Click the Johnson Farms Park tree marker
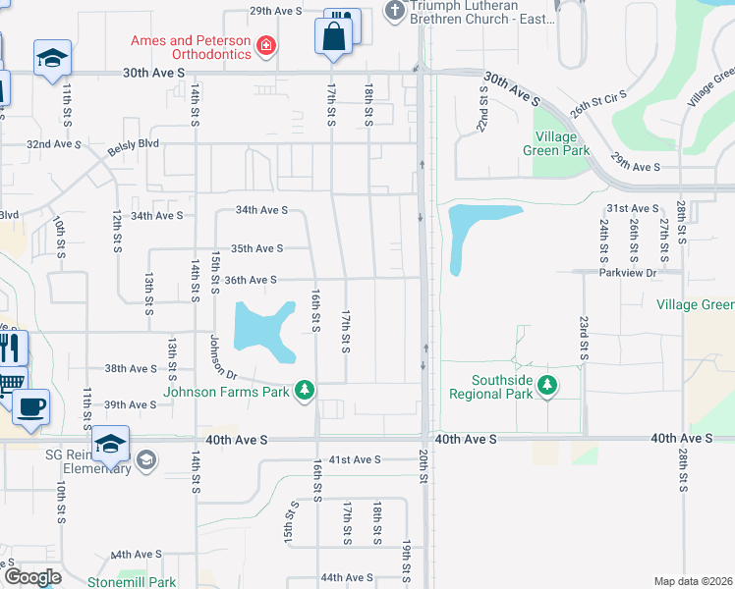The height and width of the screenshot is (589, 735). [305, 391]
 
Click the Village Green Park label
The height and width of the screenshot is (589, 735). [562, 143]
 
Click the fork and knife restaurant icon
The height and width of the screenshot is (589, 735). [10, 348]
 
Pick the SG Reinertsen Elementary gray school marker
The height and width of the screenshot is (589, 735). [145, 459]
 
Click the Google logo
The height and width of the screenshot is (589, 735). [32, 576]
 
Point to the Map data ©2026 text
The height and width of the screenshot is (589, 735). [693, 581]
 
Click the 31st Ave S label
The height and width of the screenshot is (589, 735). [632, 209]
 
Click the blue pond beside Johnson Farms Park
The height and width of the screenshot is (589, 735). [261, 328]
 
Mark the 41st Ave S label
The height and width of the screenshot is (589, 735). [354, 459]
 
